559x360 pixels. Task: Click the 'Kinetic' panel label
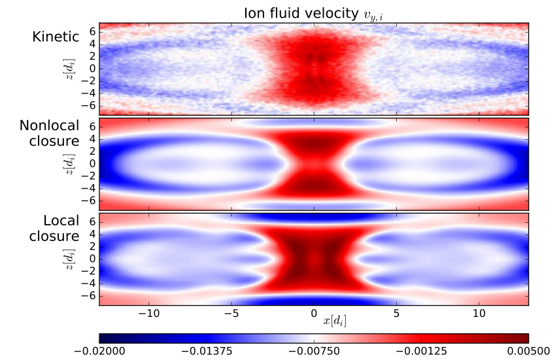56,37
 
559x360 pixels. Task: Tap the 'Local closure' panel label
54,228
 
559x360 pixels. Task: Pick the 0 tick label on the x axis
314,312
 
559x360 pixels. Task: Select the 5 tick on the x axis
397,312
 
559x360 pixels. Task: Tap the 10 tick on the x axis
479,312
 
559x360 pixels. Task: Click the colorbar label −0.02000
99,351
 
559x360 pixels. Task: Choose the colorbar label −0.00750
314,351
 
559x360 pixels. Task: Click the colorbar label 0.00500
528,351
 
